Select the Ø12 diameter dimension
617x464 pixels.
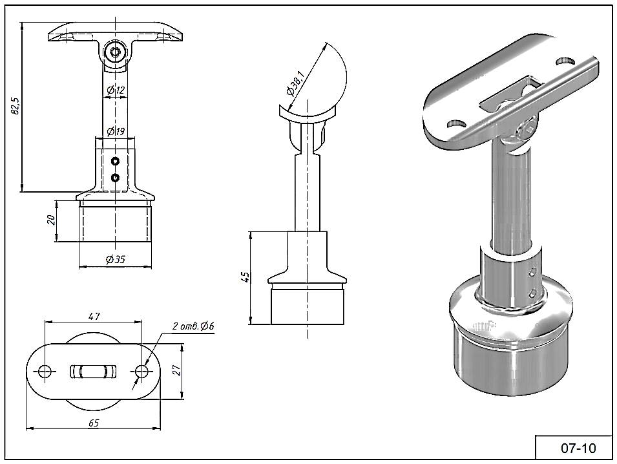tap(116, 90)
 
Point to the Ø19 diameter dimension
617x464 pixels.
tap(116, 132)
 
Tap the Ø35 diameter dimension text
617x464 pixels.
tap(115, 260)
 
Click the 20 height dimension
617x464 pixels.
tap(51, 221)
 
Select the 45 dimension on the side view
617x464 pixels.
tap(244, 278)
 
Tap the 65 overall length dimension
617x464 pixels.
tap(93, 423)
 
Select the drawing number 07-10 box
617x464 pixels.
tap(574, 448)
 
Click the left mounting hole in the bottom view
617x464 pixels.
tap(45, 372)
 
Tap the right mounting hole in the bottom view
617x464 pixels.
tap(141, 372)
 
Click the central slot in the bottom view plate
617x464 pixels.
tap(93, 372)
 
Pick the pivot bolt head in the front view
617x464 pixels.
tap(116, 52)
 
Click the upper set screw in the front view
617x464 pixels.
tap(115, 161)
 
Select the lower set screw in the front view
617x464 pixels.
tap(115, 177)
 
